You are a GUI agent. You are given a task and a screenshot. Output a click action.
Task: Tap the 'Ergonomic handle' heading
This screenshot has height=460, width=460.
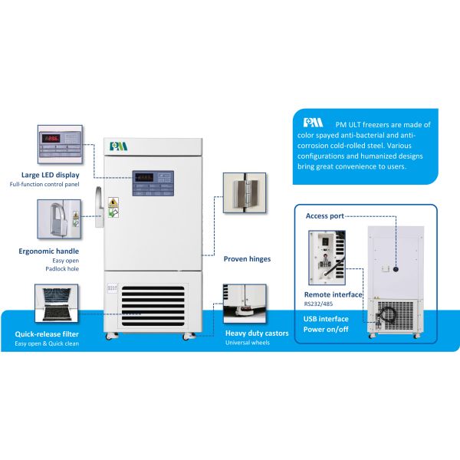coord(48,251)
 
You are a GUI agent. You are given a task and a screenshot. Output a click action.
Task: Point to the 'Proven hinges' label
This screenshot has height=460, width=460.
coord(247,259)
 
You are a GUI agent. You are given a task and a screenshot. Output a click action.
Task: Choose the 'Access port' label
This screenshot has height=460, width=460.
coord(326,215)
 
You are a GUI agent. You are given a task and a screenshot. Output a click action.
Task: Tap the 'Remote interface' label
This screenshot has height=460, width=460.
coord(334,294)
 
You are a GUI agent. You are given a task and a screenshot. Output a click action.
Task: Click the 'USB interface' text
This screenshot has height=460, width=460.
coord(327,319)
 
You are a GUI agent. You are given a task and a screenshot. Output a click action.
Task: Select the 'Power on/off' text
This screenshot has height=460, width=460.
coord(327,330)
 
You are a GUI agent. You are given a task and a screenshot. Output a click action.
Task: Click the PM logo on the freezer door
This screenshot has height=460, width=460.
coord(117,145)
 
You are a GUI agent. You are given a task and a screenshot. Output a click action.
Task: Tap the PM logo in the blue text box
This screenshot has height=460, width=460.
coord(314,123)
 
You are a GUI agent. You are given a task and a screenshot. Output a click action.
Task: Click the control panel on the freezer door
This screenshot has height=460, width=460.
coord(153,182)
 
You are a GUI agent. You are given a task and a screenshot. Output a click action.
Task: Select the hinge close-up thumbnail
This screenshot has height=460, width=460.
coord(244,192)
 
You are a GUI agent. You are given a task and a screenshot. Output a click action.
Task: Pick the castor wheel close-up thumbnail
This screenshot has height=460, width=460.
coord(244,304)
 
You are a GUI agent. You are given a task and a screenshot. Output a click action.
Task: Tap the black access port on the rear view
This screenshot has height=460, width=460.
coord(396,269)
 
